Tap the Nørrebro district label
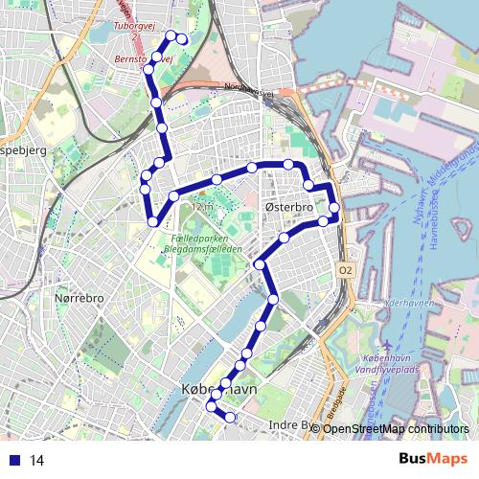coord(79,299)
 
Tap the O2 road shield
coord(345,272)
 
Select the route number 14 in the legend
coord(36,460)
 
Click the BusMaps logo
coord(433,459)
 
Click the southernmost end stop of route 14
coord(230,417)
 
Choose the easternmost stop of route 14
coord(334,208)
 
